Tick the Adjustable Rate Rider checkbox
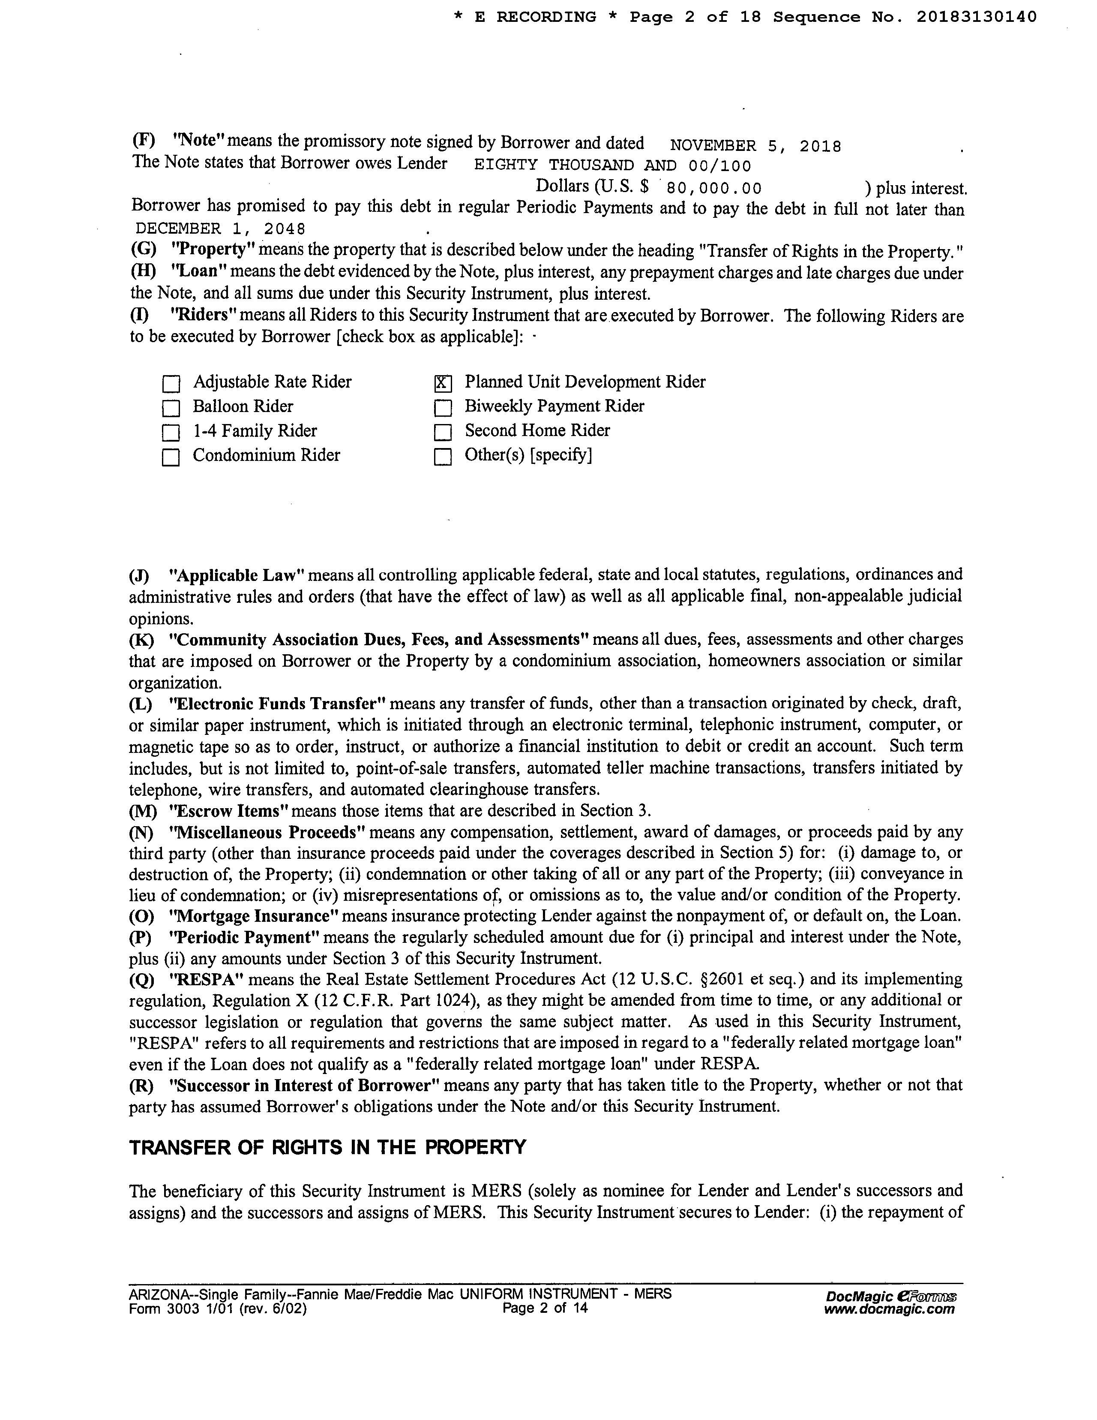point(171,384)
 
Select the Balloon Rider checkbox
point(171,408)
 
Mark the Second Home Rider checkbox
point(442,432)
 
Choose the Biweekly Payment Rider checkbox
point(442,408)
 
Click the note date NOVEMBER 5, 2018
point(755,146)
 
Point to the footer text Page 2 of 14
point(545,1308)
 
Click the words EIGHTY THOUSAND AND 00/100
point(612,166)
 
